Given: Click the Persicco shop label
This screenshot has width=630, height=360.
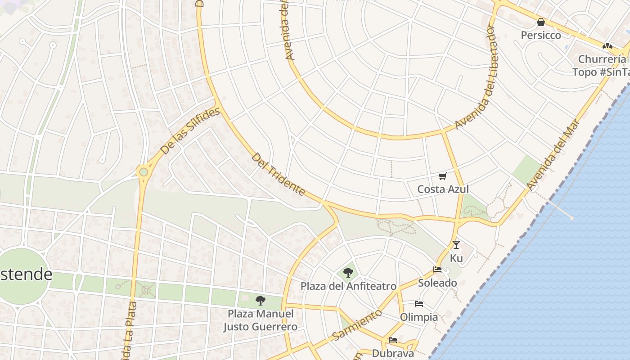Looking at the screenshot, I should (x=541, y=35).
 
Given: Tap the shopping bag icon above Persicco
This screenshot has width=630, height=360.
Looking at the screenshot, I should (x=541, y=22).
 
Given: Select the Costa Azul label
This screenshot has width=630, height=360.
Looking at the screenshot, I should (x=443, y=189).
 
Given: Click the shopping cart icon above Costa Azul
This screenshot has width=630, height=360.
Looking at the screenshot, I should (x=442, y=176).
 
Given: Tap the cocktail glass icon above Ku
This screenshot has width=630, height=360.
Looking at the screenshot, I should (x=456, y=245).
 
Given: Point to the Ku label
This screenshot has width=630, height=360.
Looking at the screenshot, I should (x=456, y=258).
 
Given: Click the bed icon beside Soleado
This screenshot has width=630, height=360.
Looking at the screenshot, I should (x=437, y=270).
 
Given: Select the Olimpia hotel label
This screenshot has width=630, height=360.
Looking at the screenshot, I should (x=418, y=317).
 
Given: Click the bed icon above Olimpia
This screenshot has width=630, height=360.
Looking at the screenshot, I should (x=418, y=304).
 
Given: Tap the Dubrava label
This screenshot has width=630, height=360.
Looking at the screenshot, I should (x=392, y=353).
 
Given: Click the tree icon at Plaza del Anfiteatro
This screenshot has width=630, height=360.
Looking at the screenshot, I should (x=348, y=272).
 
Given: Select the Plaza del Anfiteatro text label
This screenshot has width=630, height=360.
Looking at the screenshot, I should (x=348, y=286).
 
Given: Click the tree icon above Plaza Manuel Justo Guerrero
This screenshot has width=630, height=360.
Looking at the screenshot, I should (x=260, y=300).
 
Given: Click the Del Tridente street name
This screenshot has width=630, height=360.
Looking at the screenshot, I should (x=278, y=175).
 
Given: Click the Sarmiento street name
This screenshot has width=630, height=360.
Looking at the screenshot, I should (x=357, y=324).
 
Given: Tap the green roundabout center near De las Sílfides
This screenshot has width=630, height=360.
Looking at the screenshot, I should (x=144, y=171).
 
